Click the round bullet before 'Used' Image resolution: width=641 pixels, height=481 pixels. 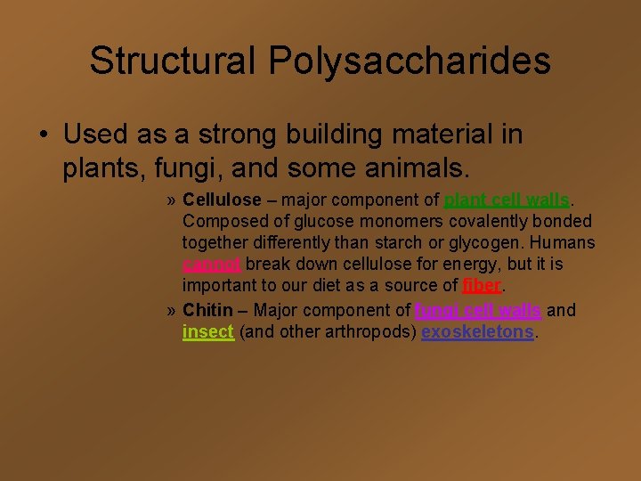tap(43, 135)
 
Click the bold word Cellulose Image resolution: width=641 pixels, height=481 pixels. tap(222, 200)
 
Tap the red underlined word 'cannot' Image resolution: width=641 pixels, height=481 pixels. tap(211, 265)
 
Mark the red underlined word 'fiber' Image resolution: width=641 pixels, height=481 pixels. tap(483, 286)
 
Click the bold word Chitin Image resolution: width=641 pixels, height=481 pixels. tap(207, 310)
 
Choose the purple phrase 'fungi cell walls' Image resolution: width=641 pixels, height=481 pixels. tap(478, 310)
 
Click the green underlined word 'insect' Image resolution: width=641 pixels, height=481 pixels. tap(207, 331)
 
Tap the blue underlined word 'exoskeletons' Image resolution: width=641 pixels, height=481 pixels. tap(477, 331)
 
